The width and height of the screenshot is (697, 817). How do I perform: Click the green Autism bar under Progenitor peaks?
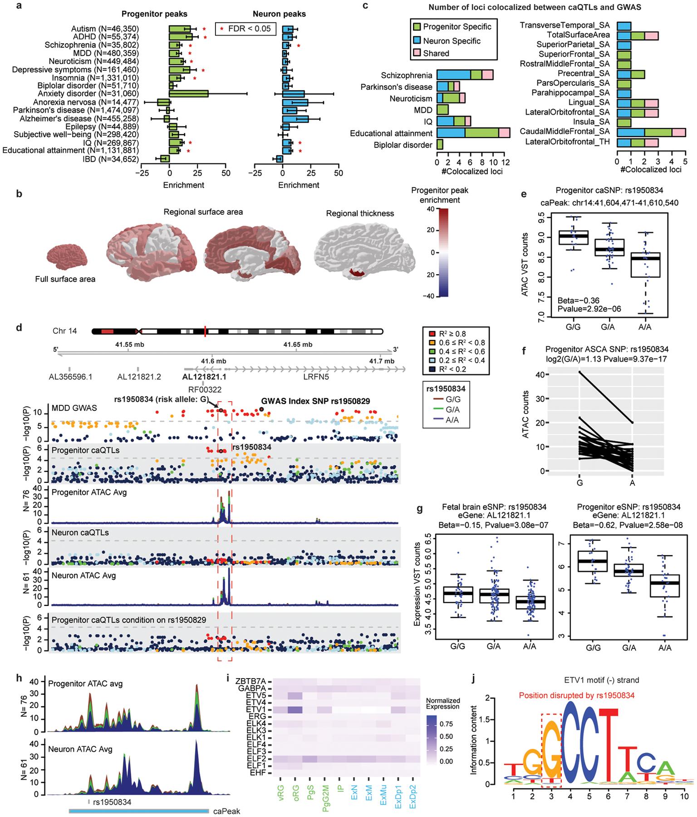(179, 29)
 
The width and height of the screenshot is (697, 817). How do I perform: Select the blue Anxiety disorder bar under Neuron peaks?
(293, 94)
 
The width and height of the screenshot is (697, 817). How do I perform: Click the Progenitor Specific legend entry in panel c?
(451, 26)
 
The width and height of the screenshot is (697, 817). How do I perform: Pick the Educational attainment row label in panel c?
(391, 133)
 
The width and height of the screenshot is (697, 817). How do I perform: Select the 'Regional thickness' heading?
(360, 213)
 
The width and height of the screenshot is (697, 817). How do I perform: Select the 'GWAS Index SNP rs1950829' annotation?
(315, 401)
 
